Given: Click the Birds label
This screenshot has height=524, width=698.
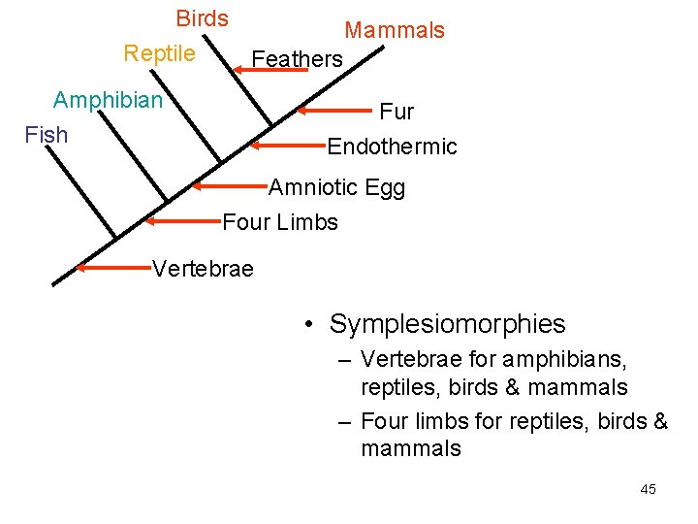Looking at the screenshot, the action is point(202,18).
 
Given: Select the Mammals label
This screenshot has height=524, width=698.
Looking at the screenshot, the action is point(395,30).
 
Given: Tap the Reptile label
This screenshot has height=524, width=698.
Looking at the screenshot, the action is point(159,53).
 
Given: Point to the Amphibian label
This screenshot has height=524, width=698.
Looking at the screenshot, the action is point(108,100).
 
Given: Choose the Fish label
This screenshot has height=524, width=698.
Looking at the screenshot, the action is point(46,134).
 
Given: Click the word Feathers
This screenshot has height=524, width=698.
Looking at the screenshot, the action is point(297,59).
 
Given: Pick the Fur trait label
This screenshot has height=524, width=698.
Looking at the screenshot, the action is point(397,112).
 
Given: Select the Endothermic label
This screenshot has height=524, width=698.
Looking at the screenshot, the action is point(392,147).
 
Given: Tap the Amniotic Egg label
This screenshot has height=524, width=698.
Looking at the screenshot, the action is point(336,187).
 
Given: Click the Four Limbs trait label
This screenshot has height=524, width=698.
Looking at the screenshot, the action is point(280,222).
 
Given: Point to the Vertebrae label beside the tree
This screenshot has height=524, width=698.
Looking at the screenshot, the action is point(203,269).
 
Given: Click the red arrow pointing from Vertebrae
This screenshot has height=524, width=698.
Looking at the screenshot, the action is point(113,266).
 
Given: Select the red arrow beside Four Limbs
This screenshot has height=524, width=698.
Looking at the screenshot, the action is point(184,221).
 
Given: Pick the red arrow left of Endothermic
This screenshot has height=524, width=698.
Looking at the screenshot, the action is point(288,147).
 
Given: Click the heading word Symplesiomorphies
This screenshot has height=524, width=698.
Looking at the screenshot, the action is point(447,324).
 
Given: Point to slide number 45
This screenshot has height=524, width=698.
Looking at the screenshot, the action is point(648,489).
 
